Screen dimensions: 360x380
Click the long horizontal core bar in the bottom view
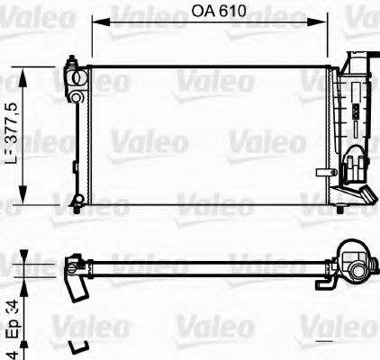point(207,265)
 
